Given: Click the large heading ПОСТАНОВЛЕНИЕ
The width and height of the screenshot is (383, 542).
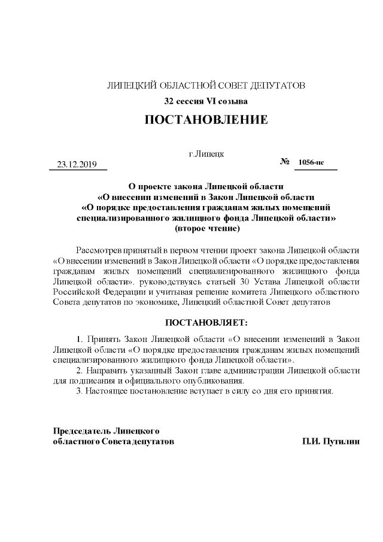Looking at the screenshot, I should point(206,120).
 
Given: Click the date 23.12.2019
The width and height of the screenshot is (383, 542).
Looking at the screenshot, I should point(77,164).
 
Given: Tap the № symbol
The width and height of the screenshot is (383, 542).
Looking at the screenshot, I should point(285,162).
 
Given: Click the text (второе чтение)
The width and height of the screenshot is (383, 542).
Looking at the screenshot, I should point(206,229).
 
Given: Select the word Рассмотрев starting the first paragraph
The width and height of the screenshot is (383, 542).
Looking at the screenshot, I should point(101,250).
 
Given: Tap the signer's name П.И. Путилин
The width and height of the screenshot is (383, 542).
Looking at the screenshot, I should point(332,441).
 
